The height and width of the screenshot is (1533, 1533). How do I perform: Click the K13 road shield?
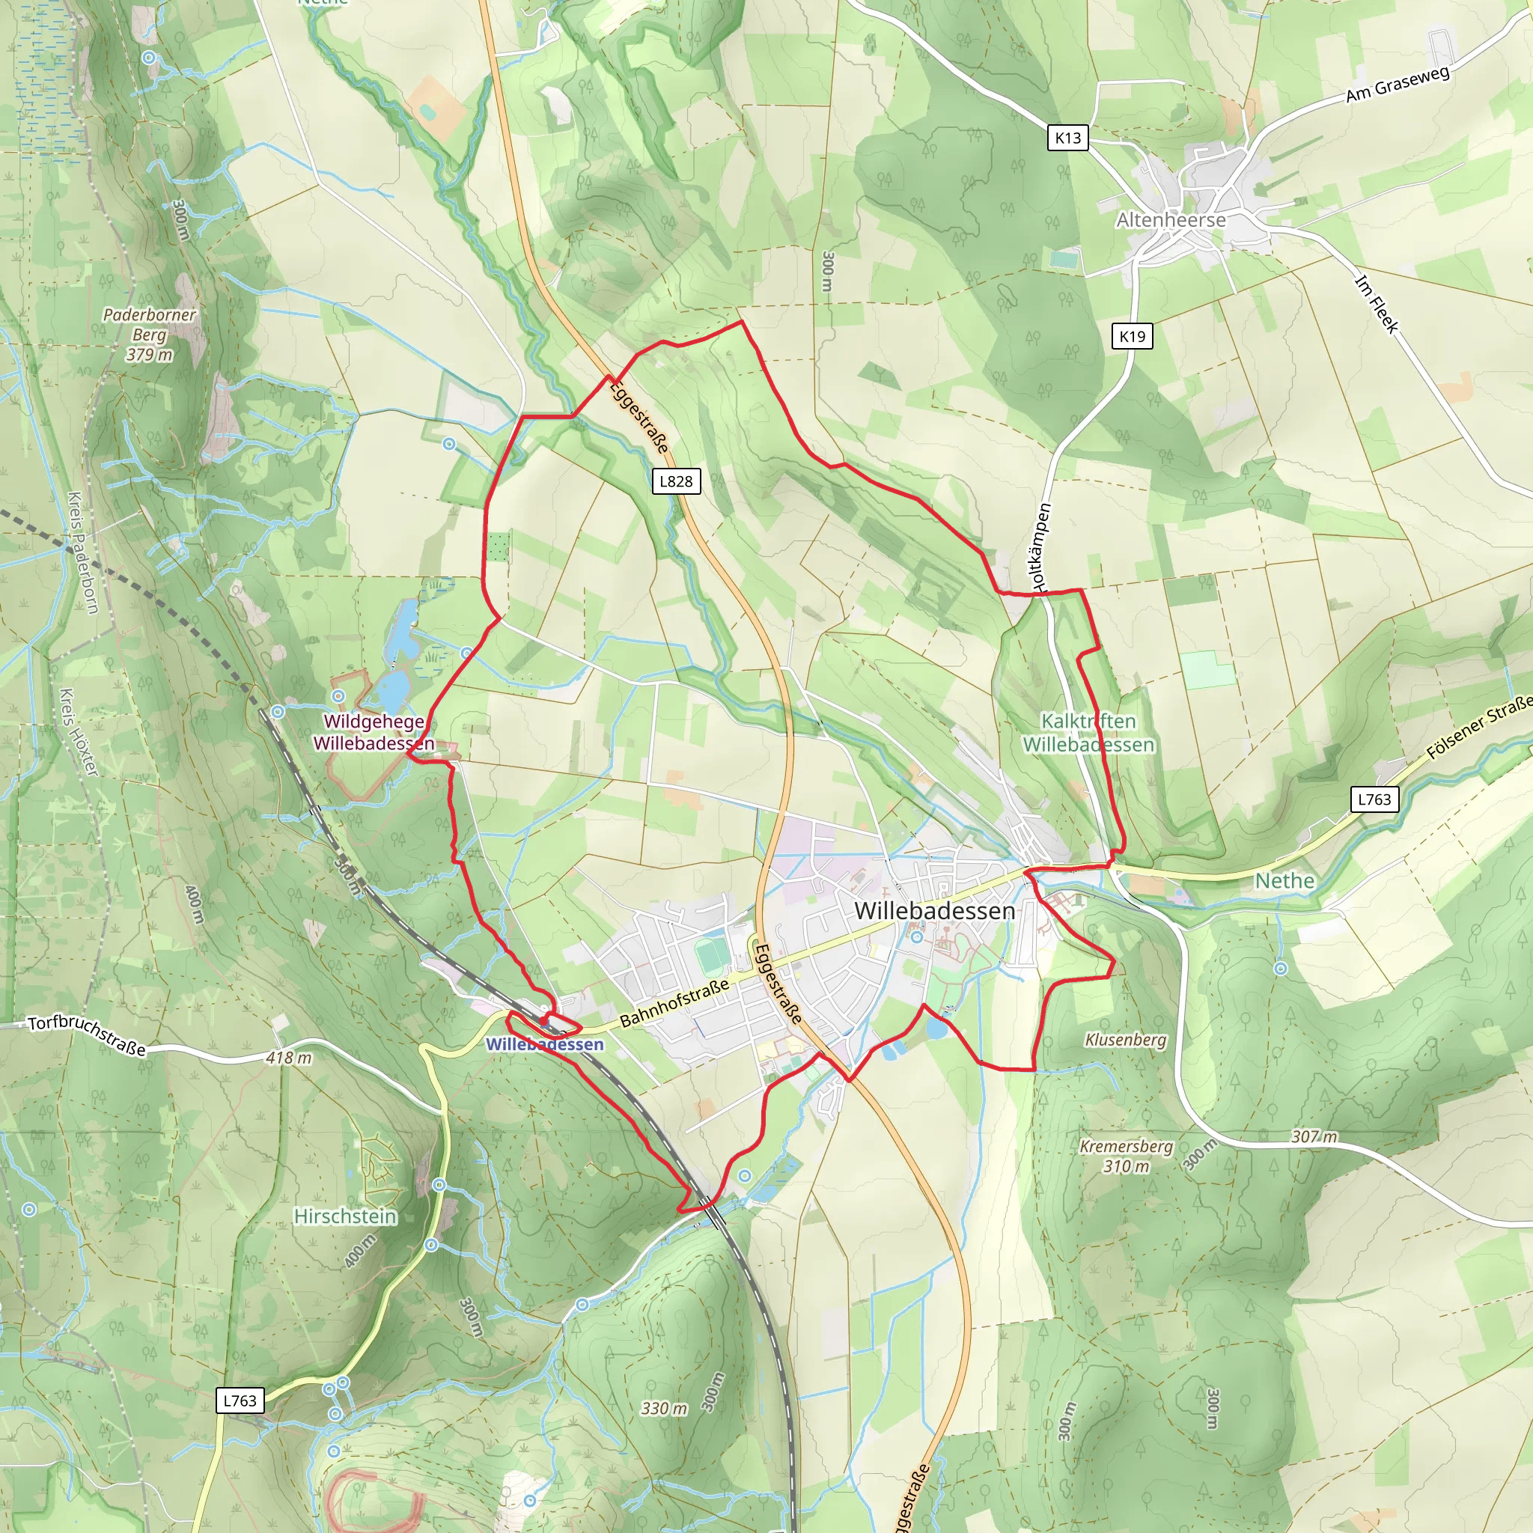[x=1067, y=138]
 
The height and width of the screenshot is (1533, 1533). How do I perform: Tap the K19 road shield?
[x=1132, y=336]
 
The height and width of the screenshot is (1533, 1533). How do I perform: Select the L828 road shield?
[x=676, y=481]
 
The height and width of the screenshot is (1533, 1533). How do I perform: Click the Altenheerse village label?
[x=1171, y=220]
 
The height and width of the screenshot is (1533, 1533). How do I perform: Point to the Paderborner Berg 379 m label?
[x=149, y=335]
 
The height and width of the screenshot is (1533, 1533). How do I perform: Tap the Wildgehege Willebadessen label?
[x=374, y=732]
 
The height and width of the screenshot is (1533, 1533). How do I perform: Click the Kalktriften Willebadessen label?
[x=1088, y=732]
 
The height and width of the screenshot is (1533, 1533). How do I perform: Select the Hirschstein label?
[x=345, y=1216]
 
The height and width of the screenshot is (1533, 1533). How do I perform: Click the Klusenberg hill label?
[x=1125, y=1040]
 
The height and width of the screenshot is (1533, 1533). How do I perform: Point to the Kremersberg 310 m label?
[x=1126, y=1156]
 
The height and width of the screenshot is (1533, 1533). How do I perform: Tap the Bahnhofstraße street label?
[x=674, y=1004]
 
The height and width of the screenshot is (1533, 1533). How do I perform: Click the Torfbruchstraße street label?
[x=88, y=1035]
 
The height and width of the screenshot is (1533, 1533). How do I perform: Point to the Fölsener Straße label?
[x=1479, y=728]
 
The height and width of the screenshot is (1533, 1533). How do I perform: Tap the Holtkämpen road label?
[x=1042, y=547]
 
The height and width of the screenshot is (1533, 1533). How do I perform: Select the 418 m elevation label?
[x=289, y=1058]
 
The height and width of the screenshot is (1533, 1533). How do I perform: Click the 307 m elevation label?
[x=1314, y=1136]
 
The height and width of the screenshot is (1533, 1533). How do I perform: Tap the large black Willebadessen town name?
[x=935, y=911]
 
